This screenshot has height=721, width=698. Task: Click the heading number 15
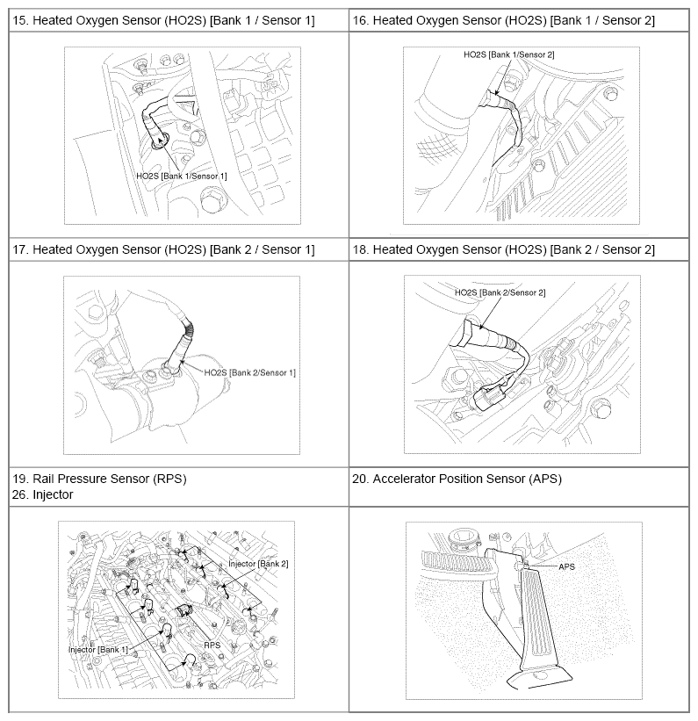pos(19,19)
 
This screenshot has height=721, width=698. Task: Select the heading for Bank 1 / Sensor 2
pos(514,19)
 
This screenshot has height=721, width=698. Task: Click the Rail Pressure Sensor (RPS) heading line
pos(99,479)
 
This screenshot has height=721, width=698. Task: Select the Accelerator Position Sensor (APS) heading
pos(467,479)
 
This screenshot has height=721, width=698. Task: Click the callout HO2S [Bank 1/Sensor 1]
pos(182,176)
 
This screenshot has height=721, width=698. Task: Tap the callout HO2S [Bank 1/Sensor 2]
pos(509,54)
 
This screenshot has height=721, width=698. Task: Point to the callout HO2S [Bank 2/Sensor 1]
pos(249,372)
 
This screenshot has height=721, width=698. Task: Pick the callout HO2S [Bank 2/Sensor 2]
pos(500,292)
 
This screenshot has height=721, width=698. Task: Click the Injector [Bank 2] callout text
pos(258,563)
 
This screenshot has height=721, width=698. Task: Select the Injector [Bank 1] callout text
pos(98,649)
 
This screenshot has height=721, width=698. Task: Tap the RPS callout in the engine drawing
pos(212,644)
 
